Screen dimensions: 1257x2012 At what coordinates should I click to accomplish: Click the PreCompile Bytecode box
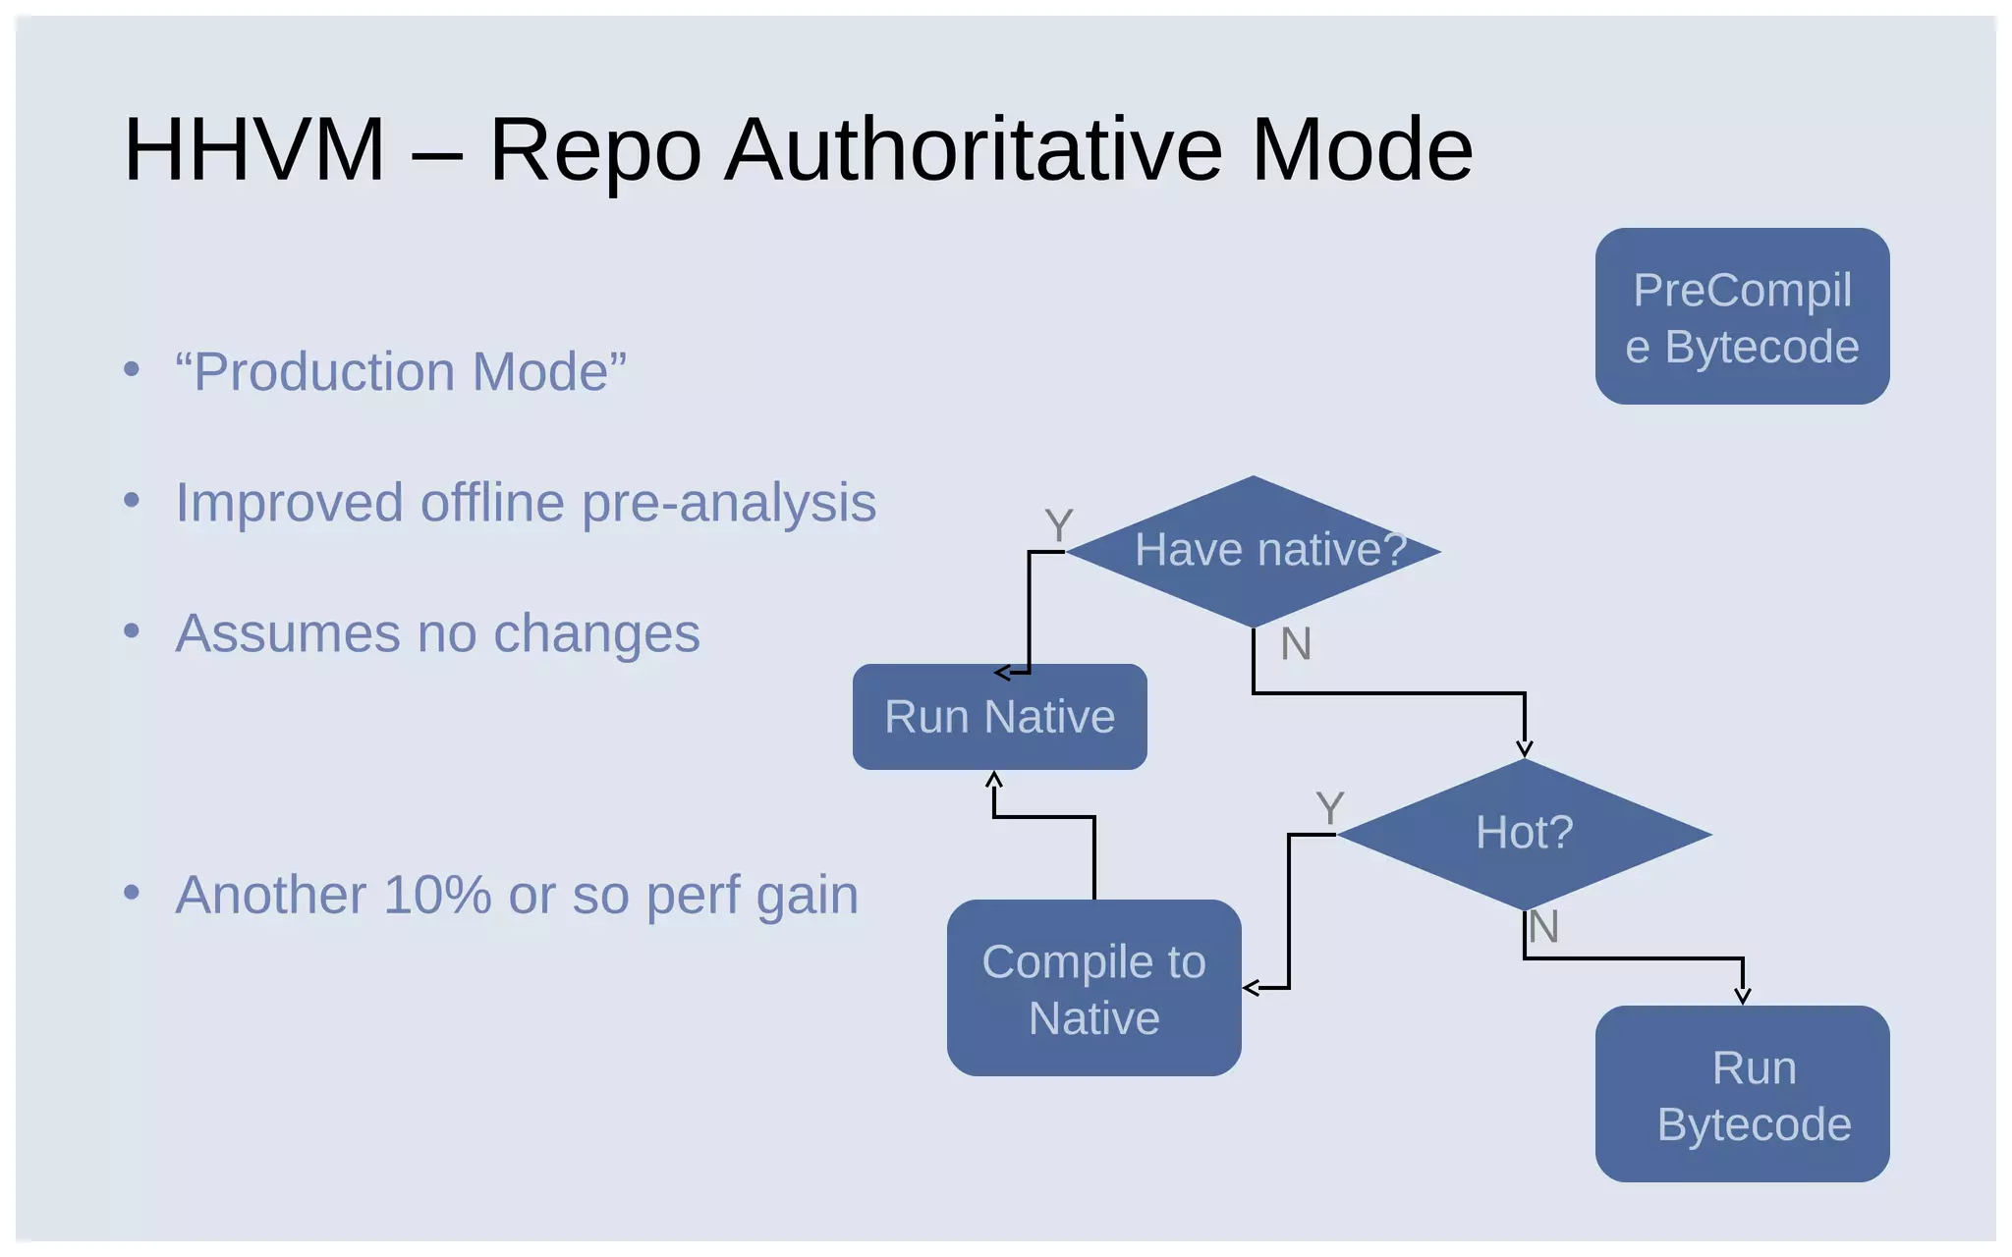1742,316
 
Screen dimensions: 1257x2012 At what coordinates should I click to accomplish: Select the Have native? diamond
1254,551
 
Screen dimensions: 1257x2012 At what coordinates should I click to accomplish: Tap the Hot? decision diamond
1524,834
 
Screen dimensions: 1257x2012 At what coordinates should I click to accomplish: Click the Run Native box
999,717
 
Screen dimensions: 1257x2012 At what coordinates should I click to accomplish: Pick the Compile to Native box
1093,988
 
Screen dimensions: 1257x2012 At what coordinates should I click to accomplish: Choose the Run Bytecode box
1742,1094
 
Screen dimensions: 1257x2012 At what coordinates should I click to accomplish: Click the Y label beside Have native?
1058,525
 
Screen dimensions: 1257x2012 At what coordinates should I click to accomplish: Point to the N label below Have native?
1296,645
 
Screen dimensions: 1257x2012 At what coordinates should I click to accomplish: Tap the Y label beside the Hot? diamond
1329,809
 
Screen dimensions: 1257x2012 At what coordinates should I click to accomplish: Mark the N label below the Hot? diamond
1543,927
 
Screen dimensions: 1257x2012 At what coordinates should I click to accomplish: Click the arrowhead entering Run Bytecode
1743,996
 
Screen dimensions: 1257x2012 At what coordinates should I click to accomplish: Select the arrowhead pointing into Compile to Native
1252,988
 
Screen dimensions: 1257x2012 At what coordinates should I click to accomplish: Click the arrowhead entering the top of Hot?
1524,749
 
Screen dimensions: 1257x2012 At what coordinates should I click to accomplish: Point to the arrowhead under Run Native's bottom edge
994,780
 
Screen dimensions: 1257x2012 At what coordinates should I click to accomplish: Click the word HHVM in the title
253,149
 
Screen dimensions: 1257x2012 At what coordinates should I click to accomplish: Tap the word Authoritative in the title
974,149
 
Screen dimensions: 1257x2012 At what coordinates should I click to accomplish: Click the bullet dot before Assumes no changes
132,631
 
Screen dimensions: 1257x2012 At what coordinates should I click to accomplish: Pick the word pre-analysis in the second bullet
728,503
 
